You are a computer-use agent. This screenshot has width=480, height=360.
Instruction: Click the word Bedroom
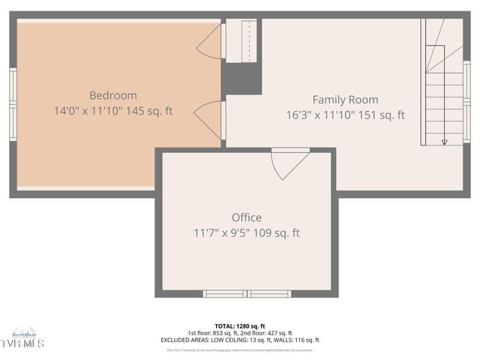click(x=113, y=95)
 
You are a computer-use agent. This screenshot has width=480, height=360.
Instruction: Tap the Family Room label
click(x=345, y=99)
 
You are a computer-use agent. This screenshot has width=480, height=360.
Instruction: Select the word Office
click(x=246, y=217)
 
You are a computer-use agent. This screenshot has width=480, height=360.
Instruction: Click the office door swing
click(x=289, y=163)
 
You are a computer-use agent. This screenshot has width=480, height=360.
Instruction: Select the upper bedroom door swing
click(x=210, y=43)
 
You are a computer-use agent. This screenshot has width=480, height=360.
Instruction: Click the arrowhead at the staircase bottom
click(x=444, y=141)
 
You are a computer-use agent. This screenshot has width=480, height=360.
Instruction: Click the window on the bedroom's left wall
click(x=13, y=103)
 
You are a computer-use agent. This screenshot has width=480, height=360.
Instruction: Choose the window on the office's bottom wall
click(x=247, y=294)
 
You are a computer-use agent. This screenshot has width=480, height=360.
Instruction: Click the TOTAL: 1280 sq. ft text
click(x=239, y=326)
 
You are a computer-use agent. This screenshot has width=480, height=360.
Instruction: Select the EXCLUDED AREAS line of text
click(x=240, y=340)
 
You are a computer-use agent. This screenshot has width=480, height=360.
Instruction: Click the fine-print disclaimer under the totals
click(x=239, y=349)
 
